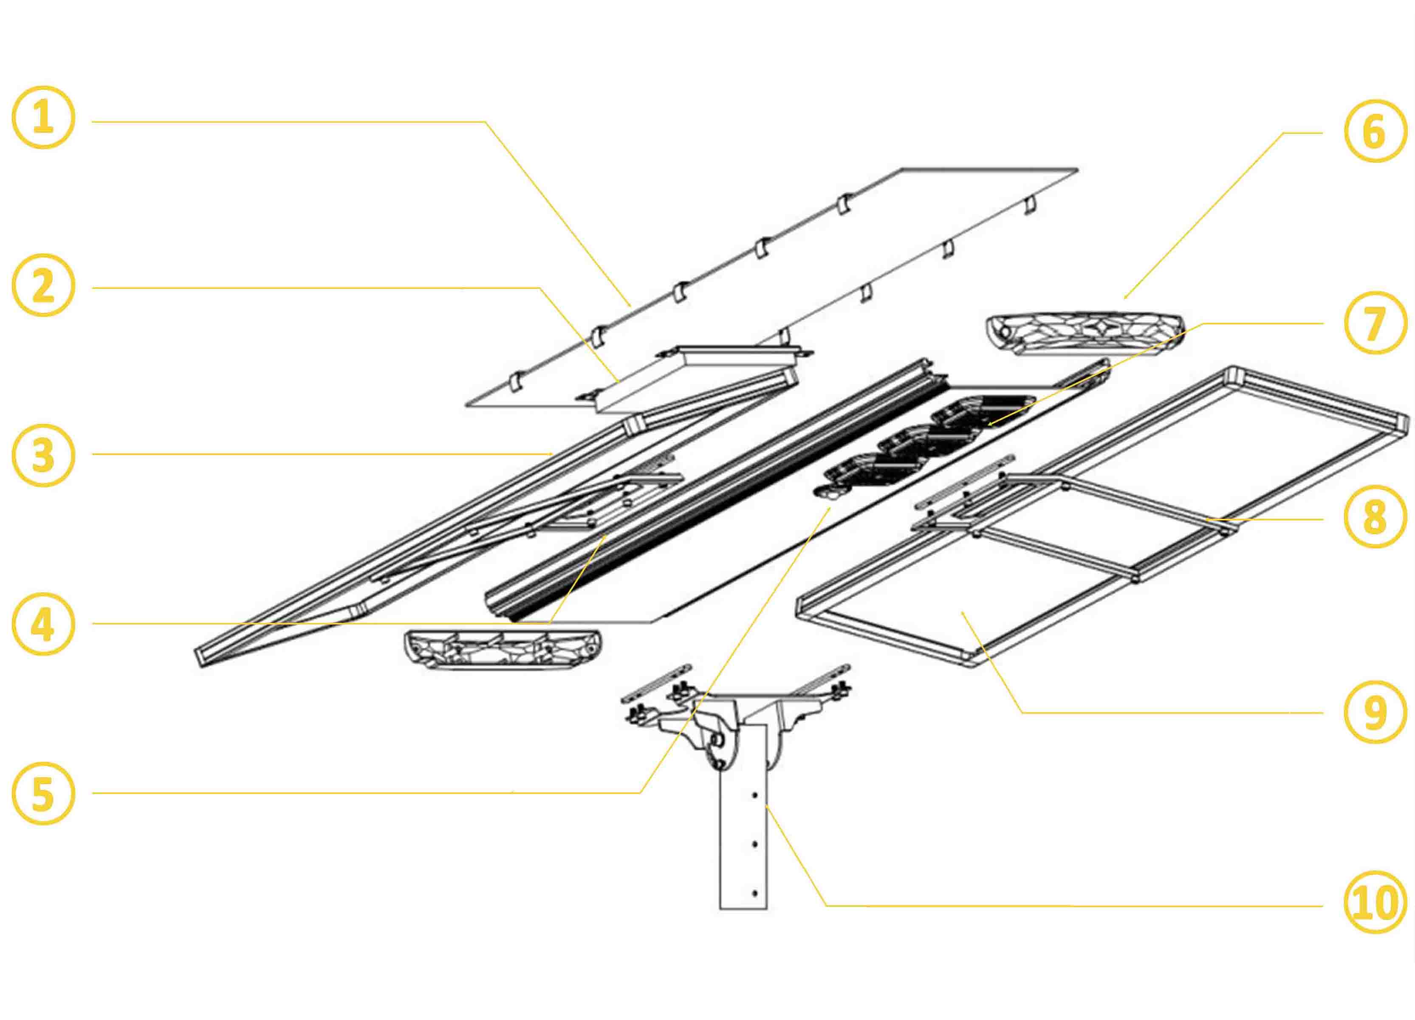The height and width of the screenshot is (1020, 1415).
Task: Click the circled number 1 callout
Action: point(43,117)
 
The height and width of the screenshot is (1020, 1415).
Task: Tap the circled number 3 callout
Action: point(43,455)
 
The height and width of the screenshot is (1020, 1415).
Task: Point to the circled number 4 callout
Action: point(43,624)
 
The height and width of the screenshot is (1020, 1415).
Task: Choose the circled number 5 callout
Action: point(43,794)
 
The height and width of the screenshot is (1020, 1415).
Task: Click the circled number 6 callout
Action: point(1375,131)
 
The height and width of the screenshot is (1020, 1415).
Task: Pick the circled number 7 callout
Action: point(1375,323)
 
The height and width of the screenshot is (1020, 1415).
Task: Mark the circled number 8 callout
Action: point(1375,516)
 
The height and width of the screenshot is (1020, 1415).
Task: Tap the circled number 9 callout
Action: point(1375,712)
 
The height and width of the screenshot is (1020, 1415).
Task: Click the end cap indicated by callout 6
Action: point(1085,334)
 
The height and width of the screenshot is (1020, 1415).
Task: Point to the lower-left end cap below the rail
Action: point(502,649)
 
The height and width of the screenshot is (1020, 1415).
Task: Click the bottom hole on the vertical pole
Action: point(755,893)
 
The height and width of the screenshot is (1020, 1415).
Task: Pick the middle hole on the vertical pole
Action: point(755,844)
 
